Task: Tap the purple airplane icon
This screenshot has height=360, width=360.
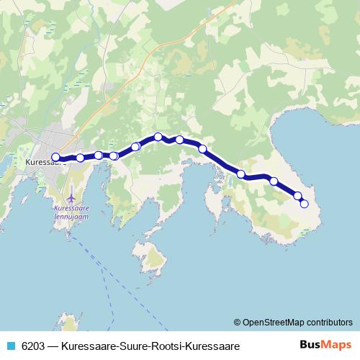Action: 71,195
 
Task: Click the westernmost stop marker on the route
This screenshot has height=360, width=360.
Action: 55,157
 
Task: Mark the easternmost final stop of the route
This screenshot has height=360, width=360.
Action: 304,204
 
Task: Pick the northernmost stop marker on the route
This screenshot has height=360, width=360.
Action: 158,137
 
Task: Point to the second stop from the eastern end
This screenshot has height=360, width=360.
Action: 297,196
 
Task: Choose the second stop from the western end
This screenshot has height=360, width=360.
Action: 80,158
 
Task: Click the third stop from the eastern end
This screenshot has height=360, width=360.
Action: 274,181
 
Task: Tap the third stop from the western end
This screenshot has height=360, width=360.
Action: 99,155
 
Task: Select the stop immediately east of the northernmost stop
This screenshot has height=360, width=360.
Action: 179,140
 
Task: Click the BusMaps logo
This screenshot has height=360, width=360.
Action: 326,345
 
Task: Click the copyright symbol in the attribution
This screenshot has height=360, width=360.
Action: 237,323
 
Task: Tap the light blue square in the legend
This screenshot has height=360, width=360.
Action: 10,346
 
